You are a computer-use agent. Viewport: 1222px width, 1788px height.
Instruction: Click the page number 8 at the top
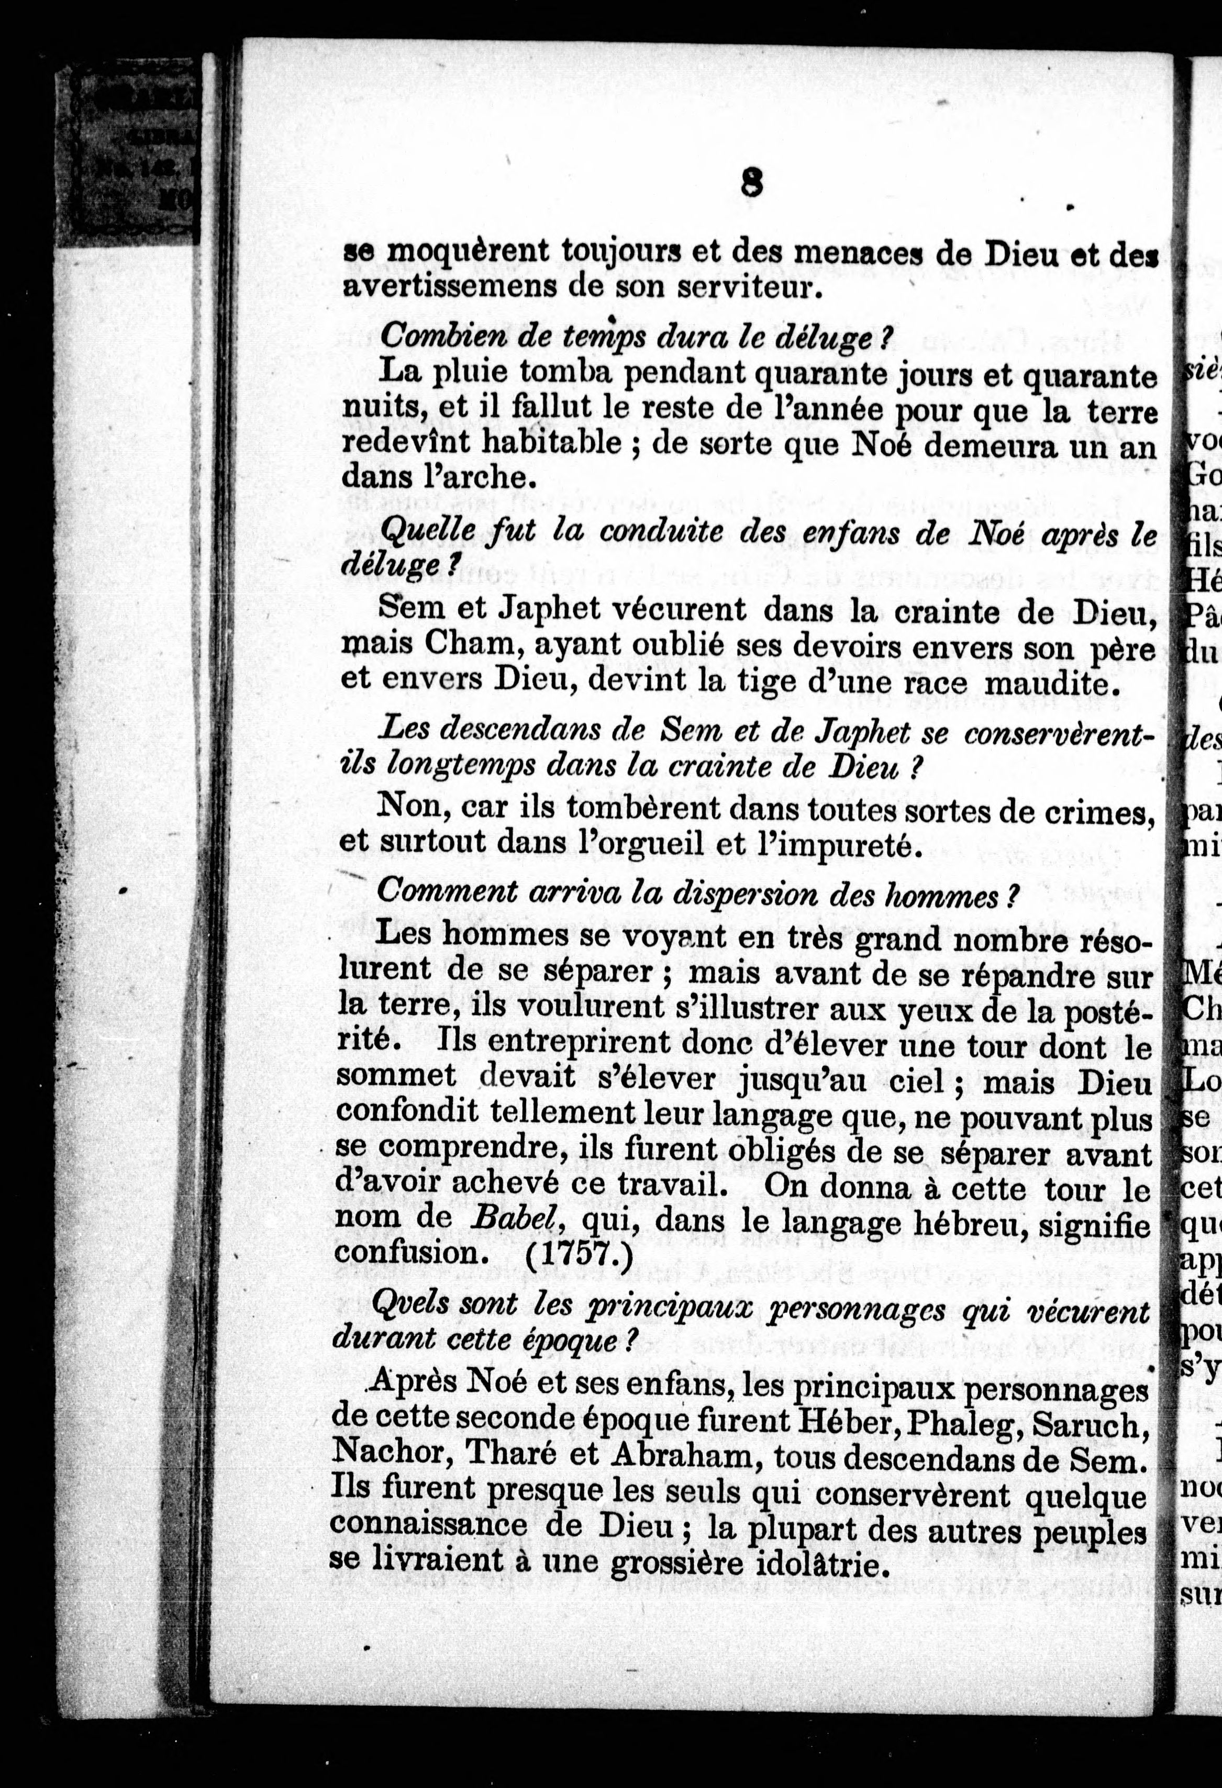[x=751, y=185]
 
